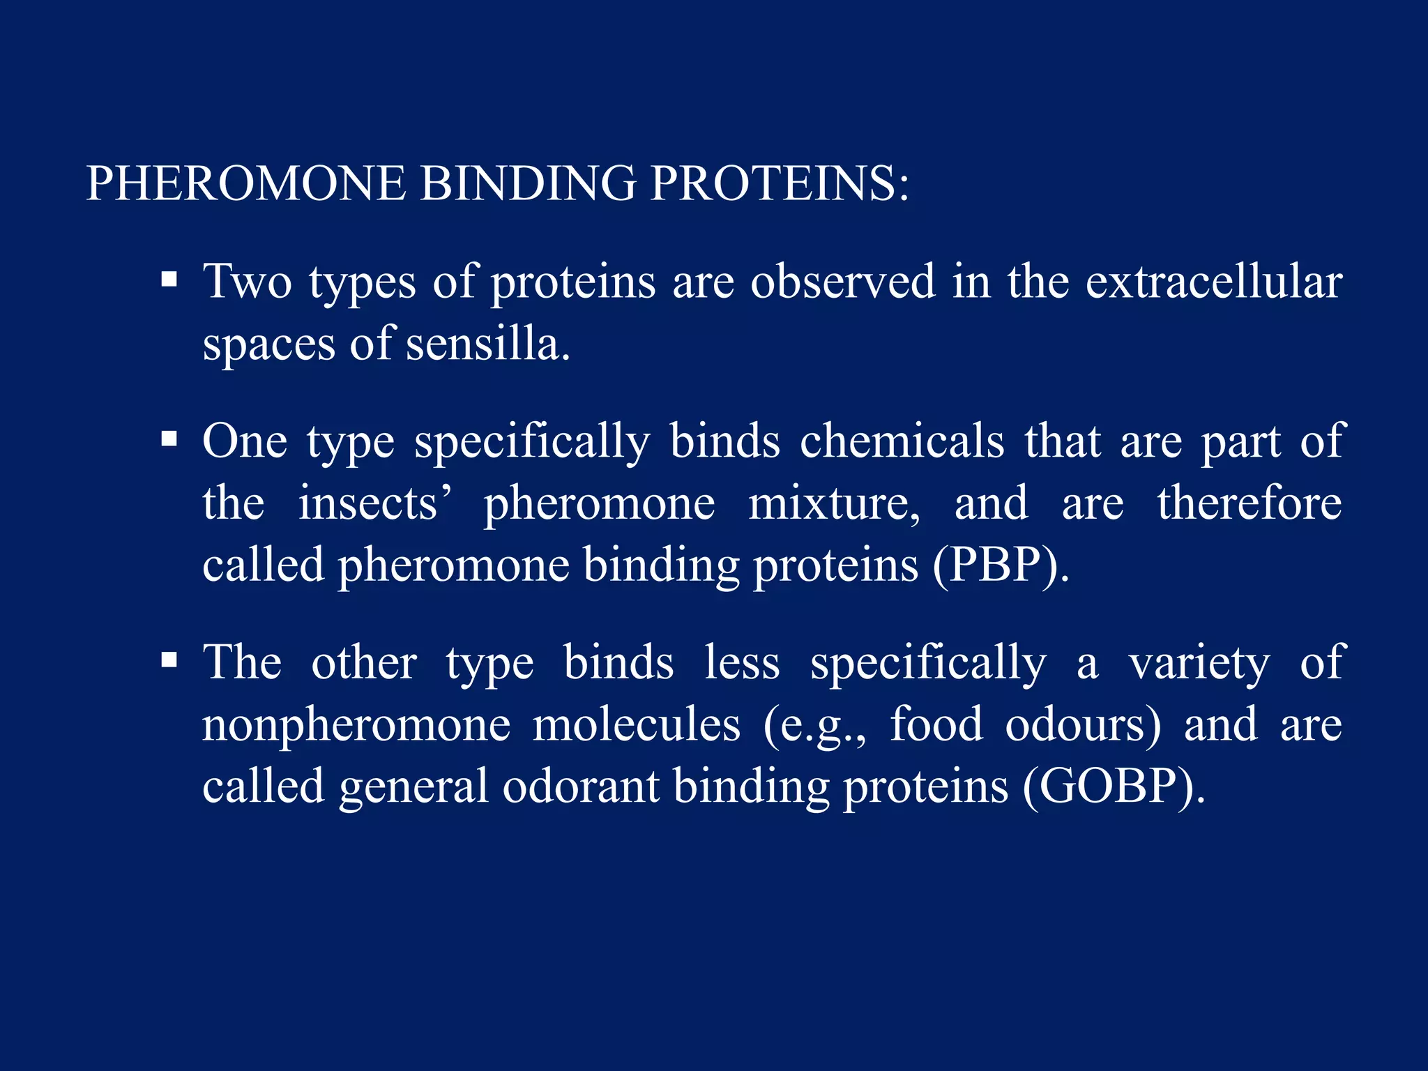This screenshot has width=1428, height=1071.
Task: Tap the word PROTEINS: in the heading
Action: [780, 184]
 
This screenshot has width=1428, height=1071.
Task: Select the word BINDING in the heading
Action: [528, 184]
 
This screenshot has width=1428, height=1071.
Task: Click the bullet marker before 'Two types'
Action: [169, 280]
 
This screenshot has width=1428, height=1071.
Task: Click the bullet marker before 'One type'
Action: [169, 439]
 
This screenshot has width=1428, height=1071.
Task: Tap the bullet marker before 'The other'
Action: [169, 660]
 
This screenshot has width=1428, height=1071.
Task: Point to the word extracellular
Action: [1213, 282]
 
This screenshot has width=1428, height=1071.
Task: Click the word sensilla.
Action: [487, 344]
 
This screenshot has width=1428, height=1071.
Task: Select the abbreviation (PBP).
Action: [1001, 565]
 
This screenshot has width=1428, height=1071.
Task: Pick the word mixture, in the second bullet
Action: [834, 503]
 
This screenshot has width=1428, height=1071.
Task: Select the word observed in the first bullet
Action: [842, 282]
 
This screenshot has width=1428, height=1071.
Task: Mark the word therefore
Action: [1249, 503]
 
